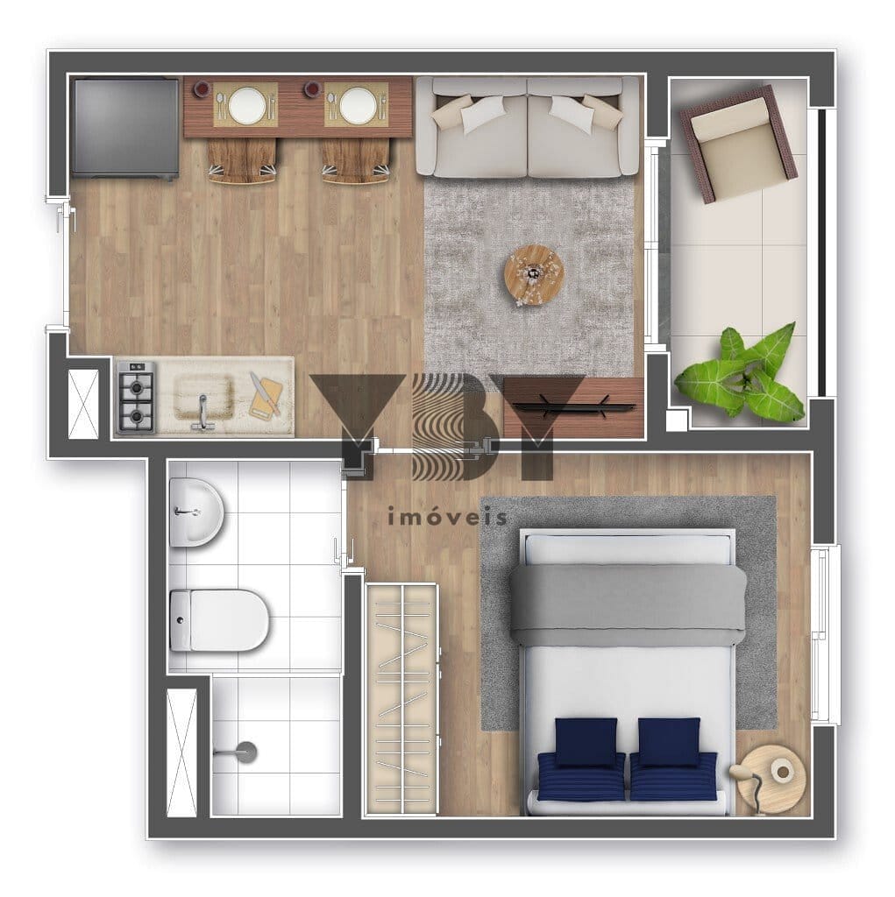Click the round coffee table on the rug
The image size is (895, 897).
[x=532, y=273]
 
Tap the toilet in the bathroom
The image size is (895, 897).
[x=219, y=620]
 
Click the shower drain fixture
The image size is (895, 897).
[x=245, y=752]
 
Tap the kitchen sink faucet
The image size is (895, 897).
[x=202, y=410]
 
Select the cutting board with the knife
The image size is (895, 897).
[x=266, y=396]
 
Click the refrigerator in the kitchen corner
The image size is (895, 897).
[x=124, y=127]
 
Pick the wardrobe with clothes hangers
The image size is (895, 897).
[x=401, y=699]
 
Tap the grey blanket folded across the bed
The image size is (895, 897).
[x=628, y=604]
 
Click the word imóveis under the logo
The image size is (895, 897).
[x=447, y=517]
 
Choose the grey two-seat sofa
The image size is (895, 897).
[x=528, y=127]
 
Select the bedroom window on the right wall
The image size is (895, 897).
[x=826, y=634]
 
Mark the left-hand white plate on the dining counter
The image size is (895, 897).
[x=246, y=106]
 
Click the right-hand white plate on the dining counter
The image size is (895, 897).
[x=358, y=106]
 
